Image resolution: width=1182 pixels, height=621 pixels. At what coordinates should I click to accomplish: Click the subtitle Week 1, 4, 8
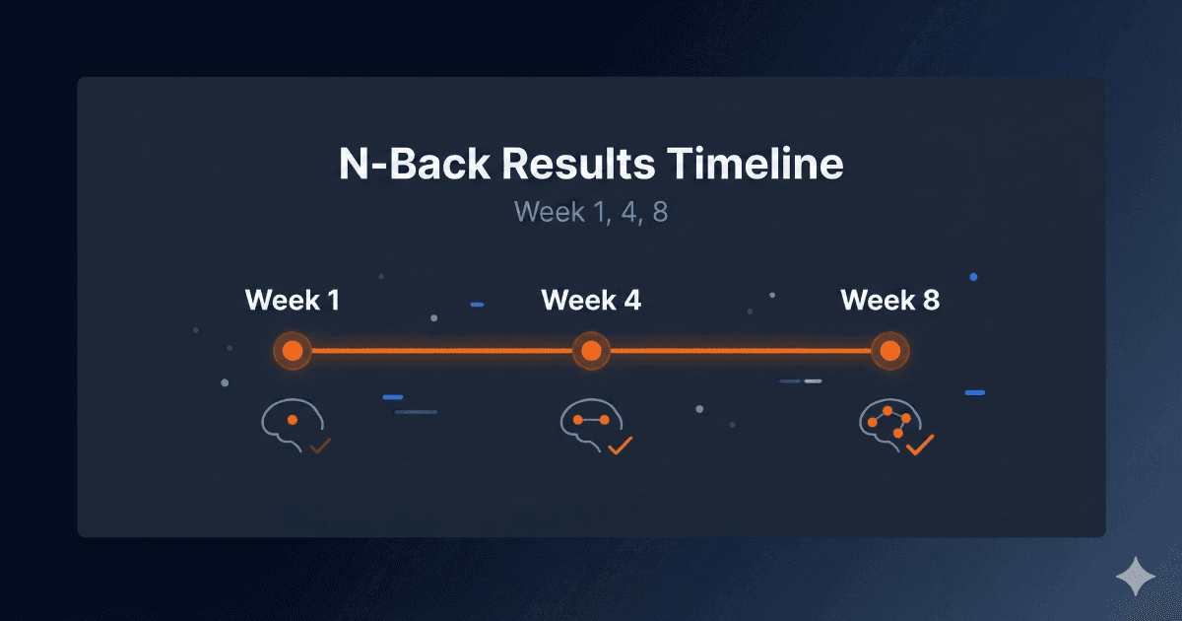(590, 212)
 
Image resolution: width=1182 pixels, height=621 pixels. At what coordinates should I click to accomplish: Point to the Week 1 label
(293, 300)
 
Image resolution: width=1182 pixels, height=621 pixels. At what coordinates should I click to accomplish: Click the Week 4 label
(591, 300)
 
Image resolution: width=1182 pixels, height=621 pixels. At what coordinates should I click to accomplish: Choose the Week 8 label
(889, 300)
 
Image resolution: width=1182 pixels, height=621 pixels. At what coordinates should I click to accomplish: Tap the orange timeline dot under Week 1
(292, 350)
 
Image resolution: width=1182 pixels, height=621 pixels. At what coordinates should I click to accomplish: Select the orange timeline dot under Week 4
(591, 350)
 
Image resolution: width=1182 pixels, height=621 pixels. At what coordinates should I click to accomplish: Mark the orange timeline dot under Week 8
(889, 350)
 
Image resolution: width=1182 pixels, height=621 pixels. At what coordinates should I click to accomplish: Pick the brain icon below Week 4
(587, 424)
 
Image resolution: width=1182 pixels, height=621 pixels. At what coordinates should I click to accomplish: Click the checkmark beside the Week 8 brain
(919, 447)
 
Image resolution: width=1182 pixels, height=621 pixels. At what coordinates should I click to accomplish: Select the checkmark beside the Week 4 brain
(620, 447)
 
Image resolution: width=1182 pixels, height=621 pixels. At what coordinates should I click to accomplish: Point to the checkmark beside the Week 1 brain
(319, 447)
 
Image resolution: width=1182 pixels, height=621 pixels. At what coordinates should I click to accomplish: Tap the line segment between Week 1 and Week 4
(441, 350)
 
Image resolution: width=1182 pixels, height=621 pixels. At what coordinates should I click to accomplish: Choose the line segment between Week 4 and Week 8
(741, 350)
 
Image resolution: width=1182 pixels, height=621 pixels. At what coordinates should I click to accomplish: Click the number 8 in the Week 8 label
(930, 300)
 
